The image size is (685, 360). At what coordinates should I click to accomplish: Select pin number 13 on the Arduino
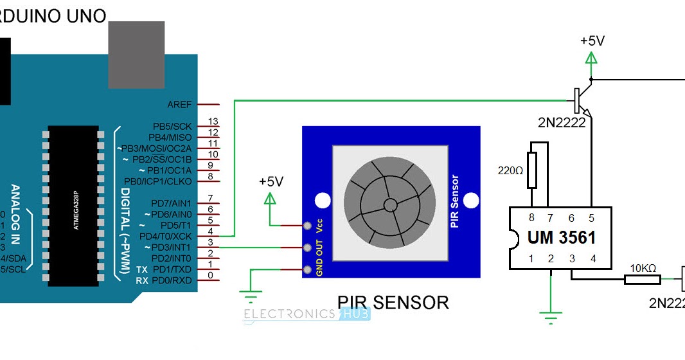[213, 122]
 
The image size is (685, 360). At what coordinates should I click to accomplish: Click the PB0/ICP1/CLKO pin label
[157, 181]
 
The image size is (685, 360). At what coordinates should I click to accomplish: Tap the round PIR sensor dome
[390, 204]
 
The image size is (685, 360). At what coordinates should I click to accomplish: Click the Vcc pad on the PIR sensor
[308, 226]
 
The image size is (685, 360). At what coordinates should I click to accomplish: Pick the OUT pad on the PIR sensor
[308, 248]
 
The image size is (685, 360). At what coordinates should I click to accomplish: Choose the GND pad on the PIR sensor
[308, 269]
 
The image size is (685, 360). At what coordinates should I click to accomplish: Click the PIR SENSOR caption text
[393, 302]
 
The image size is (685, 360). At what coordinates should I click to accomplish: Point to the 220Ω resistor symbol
[531, 171]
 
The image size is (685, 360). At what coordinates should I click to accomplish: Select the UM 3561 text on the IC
[561, 237]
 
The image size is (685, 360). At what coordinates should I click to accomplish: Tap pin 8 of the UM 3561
[531, 218]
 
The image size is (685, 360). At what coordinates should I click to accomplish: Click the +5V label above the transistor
[592, 40]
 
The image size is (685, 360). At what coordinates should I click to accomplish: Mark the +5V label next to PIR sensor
[271, 181]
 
